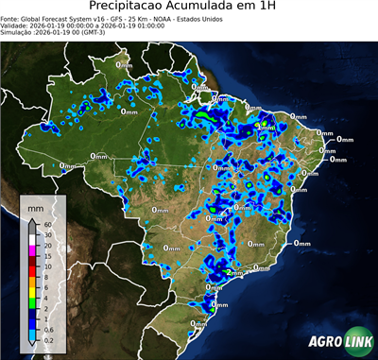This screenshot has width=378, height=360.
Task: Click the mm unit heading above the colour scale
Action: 35,206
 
